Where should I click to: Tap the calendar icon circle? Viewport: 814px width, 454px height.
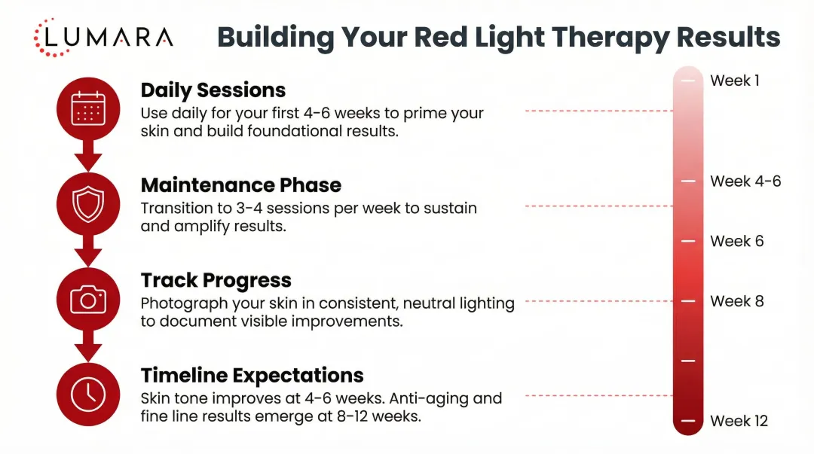88,108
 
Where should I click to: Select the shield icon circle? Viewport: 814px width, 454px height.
88,203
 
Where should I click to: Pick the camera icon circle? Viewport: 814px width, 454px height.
88,300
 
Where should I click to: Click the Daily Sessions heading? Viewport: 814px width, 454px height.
213,90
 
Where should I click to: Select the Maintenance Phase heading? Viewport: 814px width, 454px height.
241,185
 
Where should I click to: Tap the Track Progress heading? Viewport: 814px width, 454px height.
216,280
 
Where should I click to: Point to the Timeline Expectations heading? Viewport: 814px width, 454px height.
252,375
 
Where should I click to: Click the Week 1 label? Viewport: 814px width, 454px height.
735,81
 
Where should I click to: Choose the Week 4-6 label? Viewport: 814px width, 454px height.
745,181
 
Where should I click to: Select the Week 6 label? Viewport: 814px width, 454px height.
736,241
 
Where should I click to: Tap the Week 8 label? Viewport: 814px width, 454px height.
736,301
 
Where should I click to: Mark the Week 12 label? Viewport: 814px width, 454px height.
739,421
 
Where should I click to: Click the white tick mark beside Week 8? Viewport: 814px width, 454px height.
687,301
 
